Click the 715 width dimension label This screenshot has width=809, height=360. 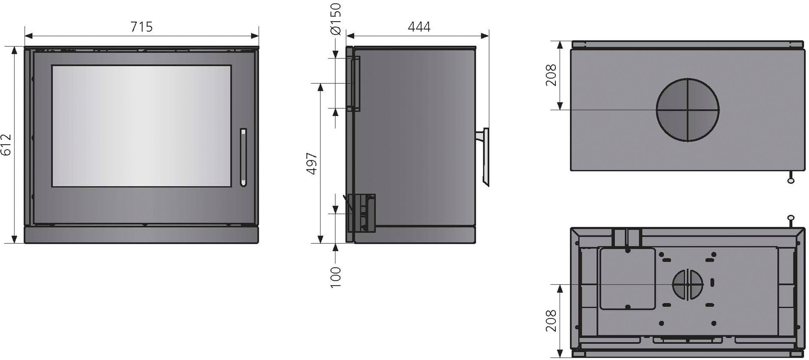tap(141, 27)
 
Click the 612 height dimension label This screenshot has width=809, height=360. tap(6, 145)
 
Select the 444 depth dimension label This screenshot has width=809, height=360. tap(419, 27)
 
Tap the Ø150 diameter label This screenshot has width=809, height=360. tap(335, 19)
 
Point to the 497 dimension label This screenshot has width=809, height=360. tap(312, 163)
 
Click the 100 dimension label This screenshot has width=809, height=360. tap(335, 277)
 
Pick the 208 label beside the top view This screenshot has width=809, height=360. tap(551, 75)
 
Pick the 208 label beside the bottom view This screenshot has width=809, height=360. tap(551, 321)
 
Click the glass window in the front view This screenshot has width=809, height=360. tap(141, 126)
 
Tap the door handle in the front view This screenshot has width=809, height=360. tap(243, 157)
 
